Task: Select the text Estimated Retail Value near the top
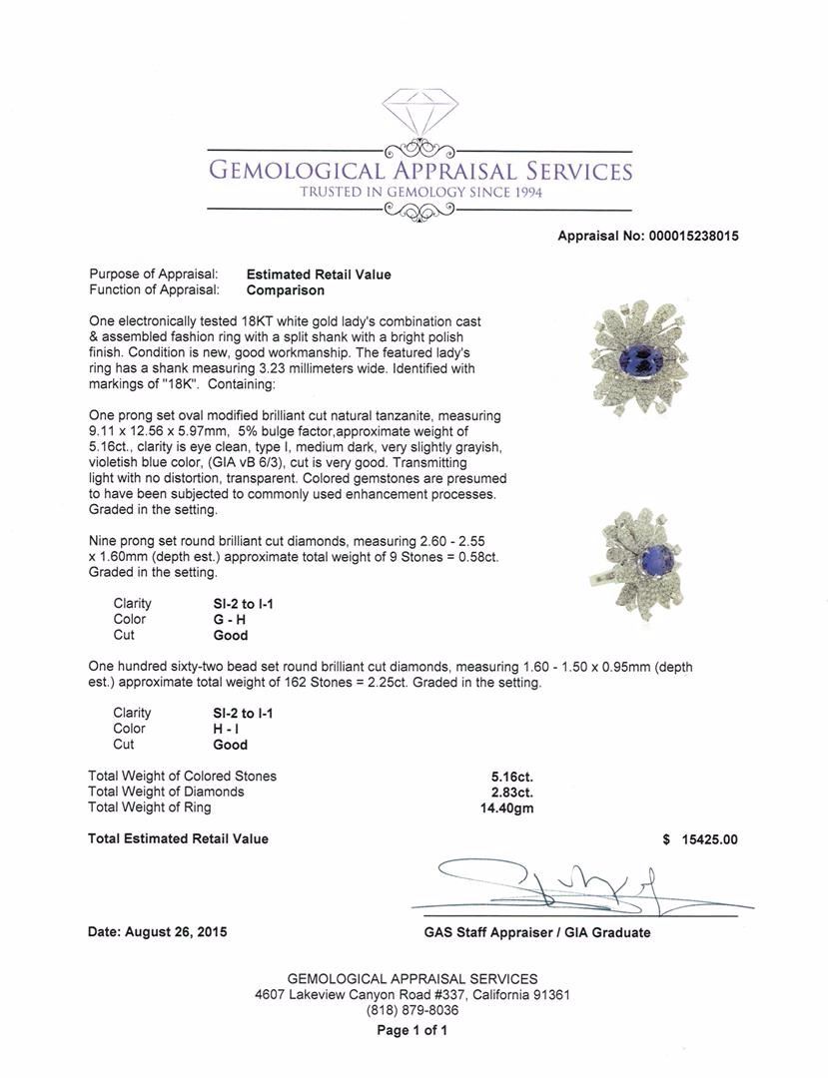pos(319,274)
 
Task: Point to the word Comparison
pos(286,290)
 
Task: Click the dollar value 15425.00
pos(708,839)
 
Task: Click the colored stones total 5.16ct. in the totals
pos(506,776)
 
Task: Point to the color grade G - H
pos(221,619)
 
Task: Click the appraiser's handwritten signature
pos(559,883)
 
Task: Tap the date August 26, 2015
pos(158,932)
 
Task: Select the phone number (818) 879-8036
pos(412,1011)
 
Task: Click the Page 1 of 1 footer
pos(412,1031)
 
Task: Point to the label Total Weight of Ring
pos(150,808)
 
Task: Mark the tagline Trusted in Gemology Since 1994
pos(420,192)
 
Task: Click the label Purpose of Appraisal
pos(154,274)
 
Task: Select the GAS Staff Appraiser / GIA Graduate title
pos(536,932)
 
